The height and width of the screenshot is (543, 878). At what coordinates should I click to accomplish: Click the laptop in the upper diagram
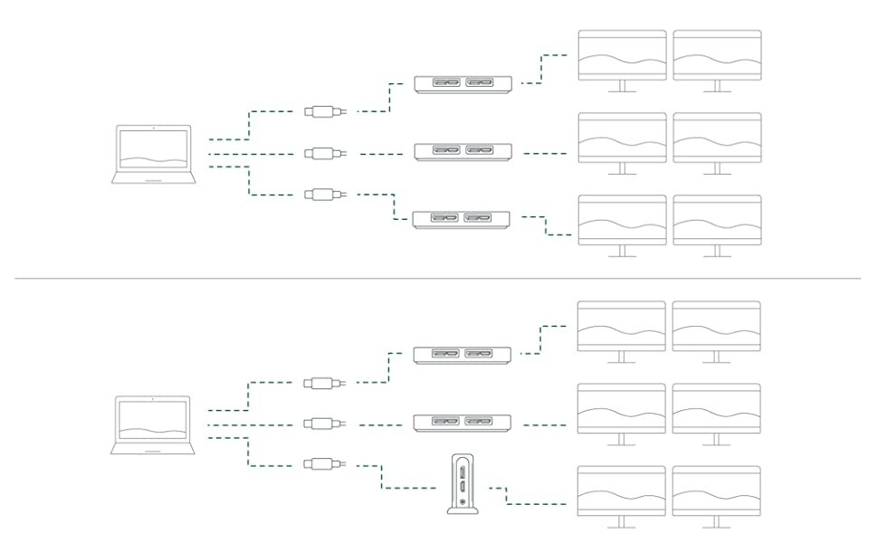click(x=154, y=155)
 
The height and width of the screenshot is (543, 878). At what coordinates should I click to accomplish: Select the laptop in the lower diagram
click(x=154, y=424)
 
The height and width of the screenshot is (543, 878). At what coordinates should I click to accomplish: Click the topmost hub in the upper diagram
click(x=463, y=84)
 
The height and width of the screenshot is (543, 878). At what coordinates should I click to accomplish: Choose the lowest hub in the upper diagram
click(x=461, y=219)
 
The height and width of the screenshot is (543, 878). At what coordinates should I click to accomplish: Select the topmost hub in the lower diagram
click(x=463, y=355)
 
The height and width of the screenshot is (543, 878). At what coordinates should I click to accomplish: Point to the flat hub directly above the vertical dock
click(x=463, y=422)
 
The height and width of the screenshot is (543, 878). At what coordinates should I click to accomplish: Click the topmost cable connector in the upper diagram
click(x=321, y=112)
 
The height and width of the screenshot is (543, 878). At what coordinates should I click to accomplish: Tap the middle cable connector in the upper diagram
click(x=321, y=153)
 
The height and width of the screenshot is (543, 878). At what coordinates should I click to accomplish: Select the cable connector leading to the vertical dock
click(x=321, y=464)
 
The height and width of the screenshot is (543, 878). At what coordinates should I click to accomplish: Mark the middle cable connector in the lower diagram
click(x=321, y=424)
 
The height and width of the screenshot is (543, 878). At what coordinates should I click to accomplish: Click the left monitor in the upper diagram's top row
click(x=622, y=56)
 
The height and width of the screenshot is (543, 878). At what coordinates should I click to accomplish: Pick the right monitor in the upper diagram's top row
click(x=717, y=56)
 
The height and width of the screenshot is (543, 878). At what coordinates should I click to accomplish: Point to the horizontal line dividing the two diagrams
click(x=439, y=278)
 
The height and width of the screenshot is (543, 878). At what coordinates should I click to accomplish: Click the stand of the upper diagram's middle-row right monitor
click(x=717, y=169)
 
